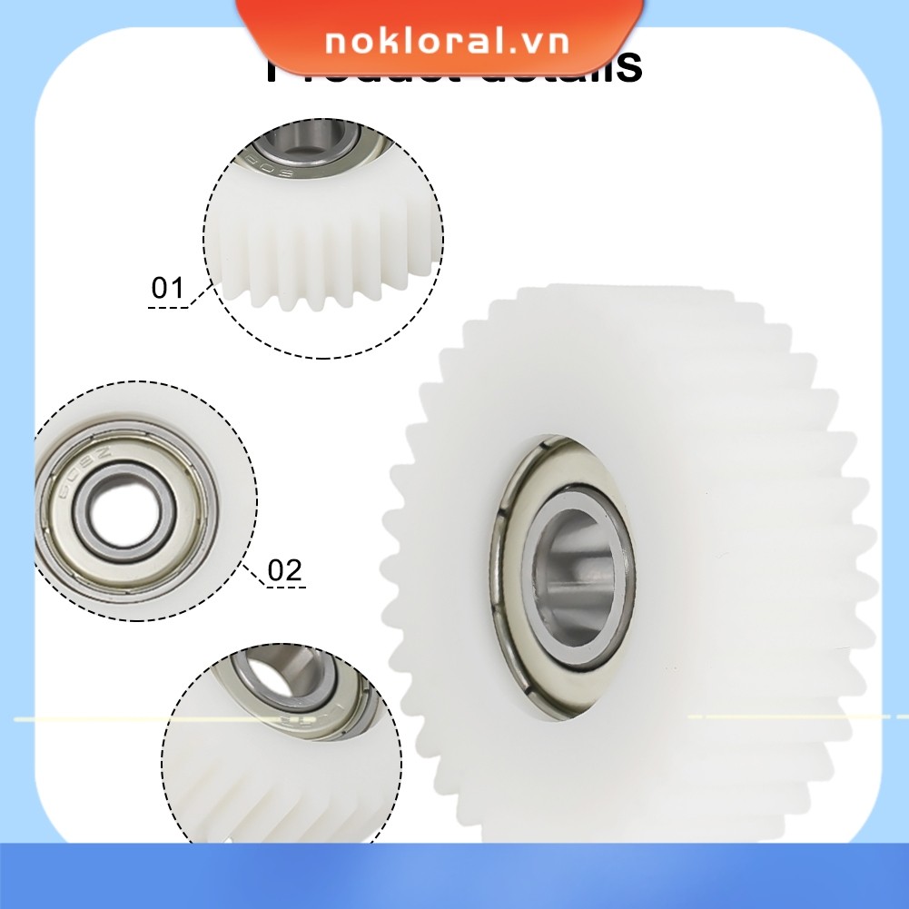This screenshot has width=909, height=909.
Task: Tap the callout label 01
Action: [167, 289]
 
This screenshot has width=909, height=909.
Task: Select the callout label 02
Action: [284, 570]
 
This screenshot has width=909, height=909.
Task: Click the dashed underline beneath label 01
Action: [167, 308]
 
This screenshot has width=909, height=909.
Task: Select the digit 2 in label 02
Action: [292, 570]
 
